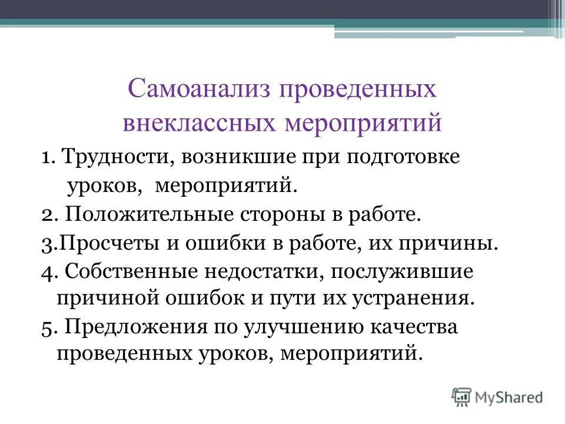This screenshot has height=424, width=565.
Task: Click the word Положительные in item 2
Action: (149, 214)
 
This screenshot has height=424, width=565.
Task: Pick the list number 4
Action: (48, 271)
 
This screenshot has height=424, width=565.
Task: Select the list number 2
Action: (48, 215)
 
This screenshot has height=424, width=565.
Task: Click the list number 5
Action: (48, 327)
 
